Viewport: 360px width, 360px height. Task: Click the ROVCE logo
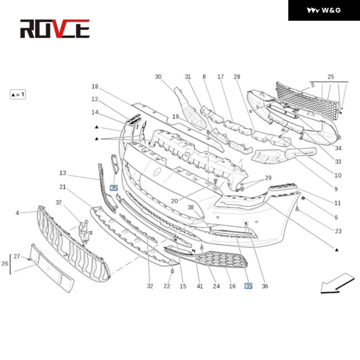55,29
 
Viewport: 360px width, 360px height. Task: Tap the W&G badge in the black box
324,10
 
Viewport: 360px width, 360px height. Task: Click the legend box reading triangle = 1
18,94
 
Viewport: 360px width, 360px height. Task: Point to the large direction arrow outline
337,284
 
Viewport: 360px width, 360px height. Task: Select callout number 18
95,86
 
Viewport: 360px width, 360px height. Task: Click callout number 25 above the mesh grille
331,77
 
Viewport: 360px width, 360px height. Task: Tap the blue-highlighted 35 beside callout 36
248,286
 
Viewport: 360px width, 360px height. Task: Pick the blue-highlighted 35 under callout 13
114,188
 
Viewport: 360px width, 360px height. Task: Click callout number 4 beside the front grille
17,213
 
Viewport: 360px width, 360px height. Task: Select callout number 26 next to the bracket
4,264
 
